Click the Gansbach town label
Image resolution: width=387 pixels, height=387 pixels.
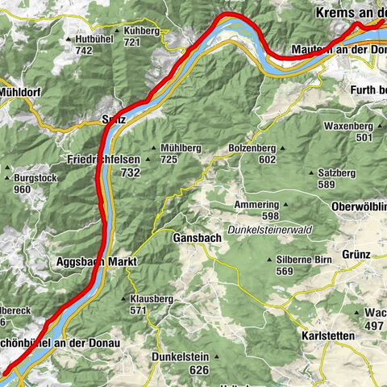(194, 239)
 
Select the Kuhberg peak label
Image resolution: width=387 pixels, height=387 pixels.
(142, 31)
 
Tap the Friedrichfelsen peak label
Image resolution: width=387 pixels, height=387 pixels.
(104, 160)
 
